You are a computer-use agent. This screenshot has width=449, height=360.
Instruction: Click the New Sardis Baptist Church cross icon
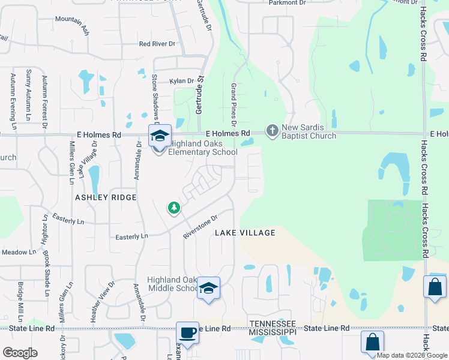tap(273, 130)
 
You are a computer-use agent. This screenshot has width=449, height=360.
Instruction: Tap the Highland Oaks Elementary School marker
tap(160, 137)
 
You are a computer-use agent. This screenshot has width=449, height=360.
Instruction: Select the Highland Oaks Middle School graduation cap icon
tap(208, 289)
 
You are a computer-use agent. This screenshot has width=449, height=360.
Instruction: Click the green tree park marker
tap(174, 208)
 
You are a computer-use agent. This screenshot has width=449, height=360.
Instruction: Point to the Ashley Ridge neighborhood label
tap(106, 197)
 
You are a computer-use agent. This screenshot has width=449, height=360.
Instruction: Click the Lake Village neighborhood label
tap(245, 233)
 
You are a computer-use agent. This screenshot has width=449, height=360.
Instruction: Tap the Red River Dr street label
tap(157, 44)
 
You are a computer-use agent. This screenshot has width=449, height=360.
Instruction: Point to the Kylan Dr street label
tap(182, 81)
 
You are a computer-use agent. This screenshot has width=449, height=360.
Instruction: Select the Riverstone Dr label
tap(199, 226)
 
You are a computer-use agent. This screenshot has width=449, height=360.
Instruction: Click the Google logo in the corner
tap(20, 353)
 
